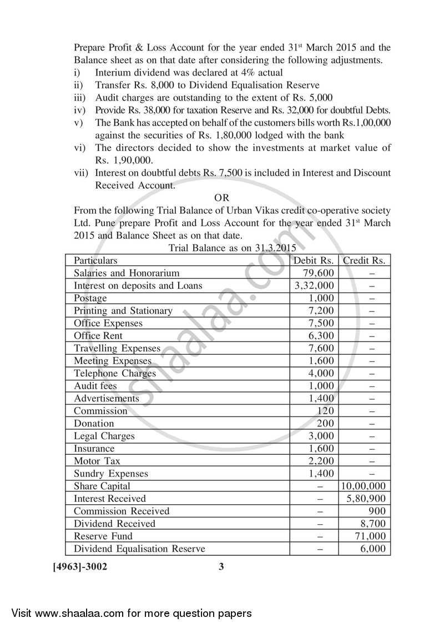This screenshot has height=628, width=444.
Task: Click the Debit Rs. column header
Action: point(314,260)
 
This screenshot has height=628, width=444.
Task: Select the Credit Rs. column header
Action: point(364,260)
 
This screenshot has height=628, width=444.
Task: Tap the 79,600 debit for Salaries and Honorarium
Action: point(319,273)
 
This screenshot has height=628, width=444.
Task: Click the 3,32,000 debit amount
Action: point(314,286)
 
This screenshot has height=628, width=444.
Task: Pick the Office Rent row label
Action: point(98,336)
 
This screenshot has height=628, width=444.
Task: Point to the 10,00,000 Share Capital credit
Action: point(364,486)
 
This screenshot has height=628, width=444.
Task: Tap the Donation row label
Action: point(94,424)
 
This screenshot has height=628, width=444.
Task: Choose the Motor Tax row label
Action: point(97,461)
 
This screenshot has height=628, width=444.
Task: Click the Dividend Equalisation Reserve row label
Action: point(139,549)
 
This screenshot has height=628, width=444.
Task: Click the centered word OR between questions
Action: point(221,198)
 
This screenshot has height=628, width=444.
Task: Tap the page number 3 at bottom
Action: point(221,567)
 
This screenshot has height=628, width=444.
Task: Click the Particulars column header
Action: point(95,260)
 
